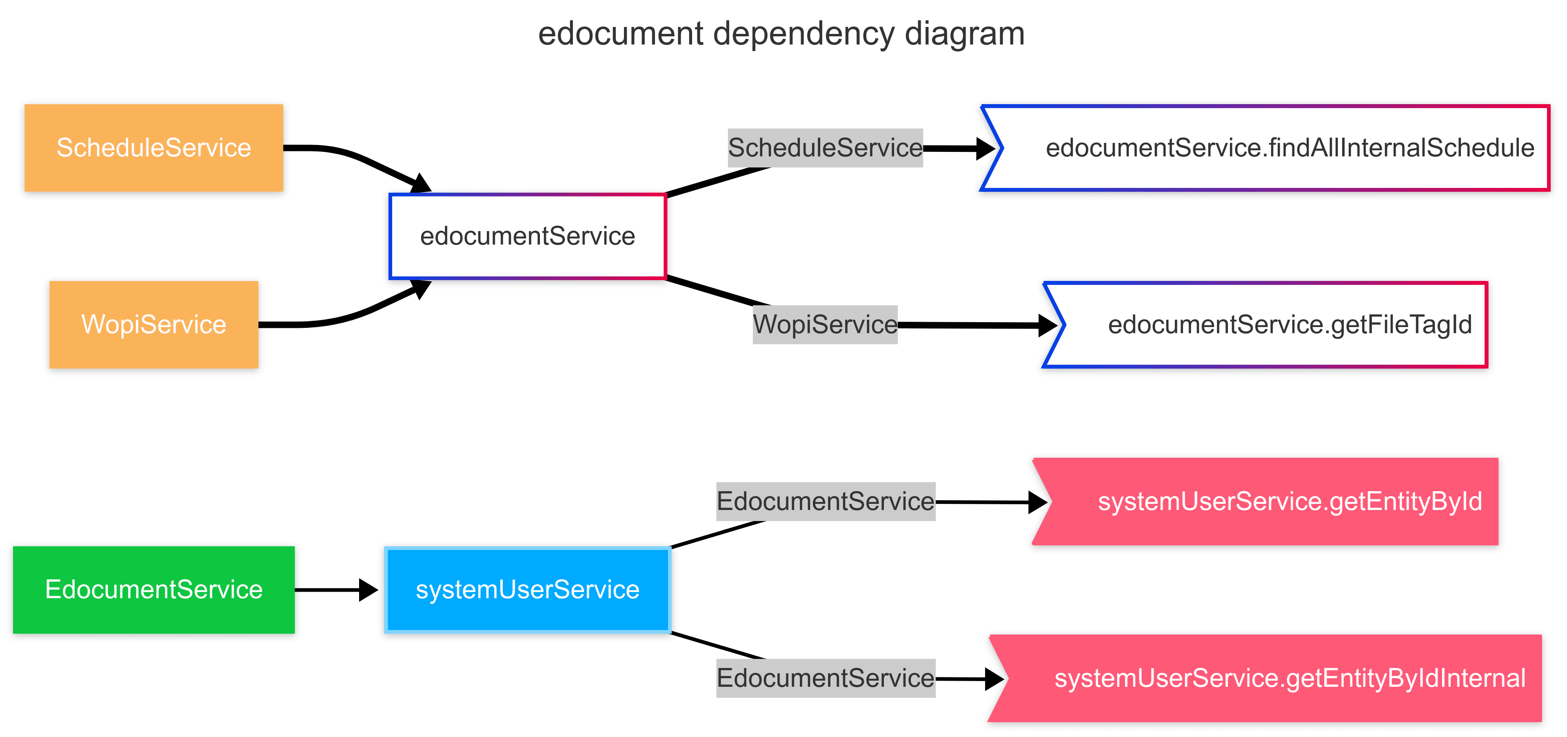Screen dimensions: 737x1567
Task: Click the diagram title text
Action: point(781,33)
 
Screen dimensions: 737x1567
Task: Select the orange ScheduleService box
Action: point(153,148)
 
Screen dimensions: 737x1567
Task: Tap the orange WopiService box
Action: point(153,324)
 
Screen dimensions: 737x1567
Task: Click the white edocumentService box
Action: point(527,236)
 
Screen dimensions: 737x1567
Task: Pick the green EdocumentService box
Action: point(153,589)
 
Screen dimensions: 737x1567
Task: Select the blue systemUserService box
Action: point(527,589)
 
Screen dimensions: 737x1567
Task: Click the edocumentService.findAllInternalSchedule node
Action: point(1277,148)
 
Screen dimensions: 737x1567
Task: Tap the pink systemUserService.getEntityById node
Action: point(1277,501)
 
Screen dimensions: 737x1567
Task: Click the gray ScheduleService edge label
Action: point(825,148)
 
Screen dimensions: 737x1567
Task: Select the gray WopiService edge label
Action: point(825,324)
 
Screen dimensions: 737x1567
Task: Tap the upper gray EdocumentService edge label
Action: point(825,501)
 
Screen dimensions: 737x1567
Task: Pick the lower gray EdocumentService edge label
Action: point(825,678)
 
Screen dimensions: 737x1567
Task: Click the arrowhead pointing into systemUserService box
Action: point(368,589)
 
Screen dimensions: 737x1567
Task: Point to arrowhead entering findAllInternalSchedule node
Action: point(985,148)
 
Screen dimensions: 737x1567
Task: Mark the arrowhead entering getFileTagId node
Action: point(1048,325)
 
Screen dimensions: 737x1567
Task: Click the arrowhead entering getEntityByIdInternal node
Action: point(994,679)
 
